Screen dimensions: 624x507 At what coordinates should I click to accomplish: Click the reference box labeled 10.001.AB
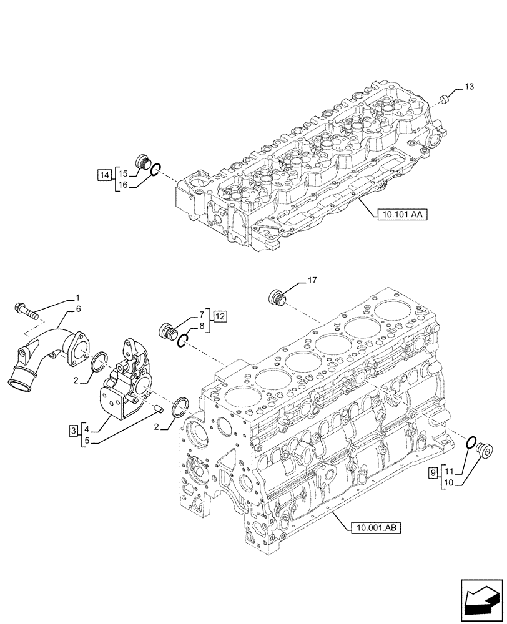tap(372, 527)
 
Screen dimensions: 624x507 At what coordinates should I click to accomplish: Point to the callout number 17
tap(312, 281)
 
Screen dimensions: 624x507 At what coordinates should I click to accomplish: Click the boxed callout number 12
tap(219, 317)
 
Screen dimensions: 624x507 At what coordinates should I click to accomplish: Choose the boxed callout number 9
tap(433, 474)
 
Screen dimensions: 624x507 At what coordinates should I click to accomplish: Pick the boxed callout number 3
tap(74, 431)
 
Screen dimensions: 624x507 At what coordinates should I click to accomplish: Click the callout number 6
tap(78, 309)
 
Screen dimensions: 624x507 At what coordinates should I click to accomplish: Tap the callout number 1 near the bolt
tap(78, 297)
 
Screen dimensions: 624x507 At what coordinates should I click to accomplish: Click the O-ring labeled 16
tap(157, 167)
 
